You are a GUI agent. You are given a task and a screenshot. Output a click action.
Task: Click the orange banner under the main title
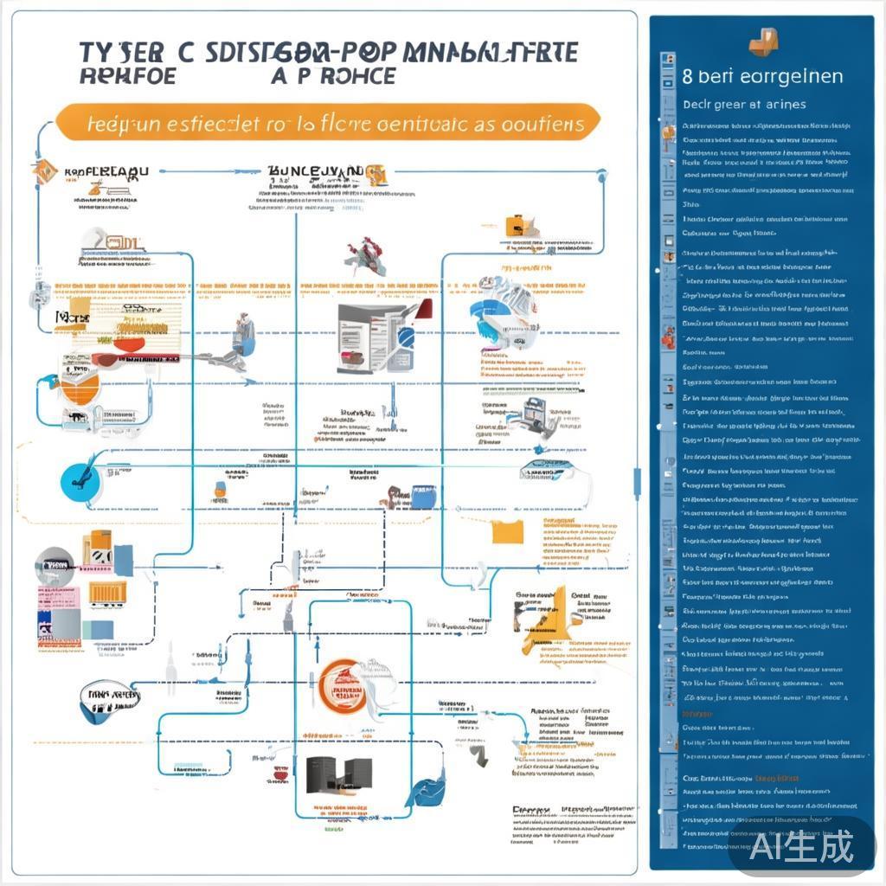[x=329, y=123]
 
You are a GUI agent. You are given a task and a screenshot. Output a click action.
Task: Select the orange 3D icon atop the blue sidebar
[x=764, y=40]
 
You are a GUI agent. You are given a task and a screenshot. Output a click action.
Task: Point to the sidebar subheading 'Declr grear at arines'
[x=744, y=105]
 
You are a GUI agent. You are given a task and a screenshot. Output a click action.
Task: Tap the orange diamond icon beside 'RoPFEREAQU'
[x=44, y=171]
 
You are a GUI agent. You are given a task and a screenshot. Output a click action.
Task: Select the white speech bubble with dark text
[x=108, y=694]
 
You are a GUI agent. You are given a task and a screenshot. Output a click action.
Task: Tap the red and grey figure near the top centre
[x=361, y=253]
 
